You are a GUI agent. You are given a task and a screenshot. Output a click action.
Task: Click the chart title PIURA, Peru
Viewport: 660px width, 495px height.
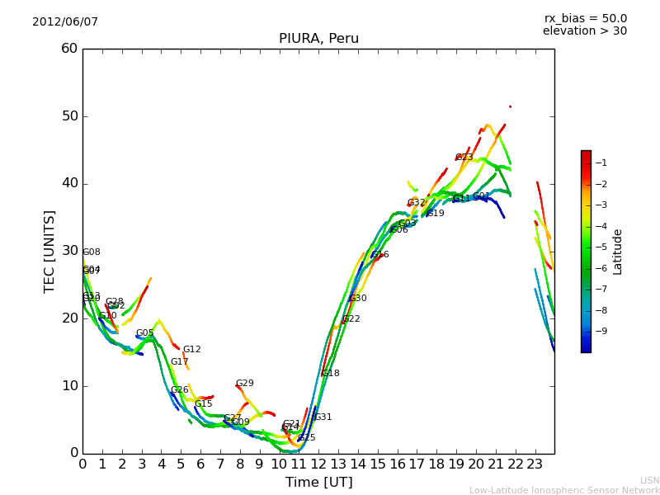[318, 39]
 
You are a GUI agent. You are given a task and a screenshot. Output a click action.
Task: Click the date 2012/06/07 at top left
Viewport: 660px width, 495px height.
[65, 22]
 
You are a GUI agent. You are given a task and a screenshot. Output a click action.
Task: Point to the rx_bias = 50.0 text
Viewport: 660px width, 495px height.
[585, 19]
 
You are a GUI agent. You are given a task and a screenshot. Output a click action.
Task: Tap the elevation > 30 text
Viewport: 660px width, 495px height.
[584, 31]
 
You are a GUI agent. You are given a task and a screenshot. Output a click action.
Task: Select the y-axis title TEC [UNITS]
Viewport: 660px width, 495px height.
[49, 251]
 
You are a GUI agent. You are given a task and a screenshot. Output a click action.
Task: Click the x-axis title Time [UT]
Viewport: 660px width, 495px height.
[318, 482]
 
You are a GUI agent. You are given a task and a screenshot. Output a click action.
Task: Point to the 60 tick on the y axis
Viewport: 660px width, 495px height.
[69, 49]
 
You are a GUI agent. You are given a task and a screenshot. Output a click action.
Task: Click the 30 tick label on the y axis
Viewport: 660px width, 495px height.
[69, 251]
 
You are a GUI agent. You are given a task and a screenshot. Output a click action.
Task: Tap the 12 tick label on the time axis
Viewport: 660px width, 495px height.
[318, 464]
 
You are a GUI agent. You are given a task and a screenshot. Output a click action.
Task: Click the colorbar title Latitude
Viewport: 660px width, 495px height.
[618, 251]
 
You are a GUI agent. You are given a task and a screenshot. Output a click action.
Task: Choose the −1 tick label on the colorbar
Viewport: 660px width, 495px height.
[601, 163]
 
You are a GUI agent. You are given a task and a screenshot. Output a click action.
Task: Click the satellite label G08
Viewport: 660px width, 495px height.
[92, 252]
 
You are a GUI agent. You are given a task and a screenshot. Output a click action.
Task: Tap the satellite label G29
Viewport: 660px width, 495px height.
[245, 384]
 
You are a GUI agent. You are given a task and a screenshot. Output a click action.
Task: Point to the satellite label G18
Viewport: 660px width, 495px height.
[331, 374]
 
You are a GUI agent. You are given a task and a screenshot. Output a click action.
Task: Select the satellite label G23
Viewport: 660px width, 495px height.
[464, 158]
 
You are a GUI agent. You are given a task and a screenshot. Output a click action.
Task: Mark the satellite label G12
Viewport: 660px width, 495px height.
[192, 350]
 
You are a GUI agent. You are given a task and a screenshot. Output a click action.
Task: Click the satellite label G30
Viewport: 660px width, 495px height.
[358, 299]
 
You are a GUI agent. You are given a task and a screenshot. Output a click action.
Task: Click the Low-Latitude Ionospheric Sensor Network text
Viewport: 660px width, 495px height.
[564, 490]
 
